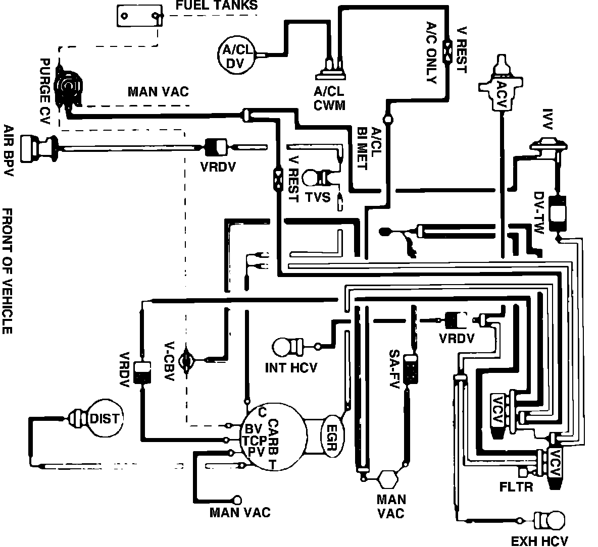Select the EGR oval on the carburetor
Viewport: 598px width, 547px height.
(x=332, y=437)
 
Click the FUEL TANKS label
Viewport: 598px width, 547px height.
(x=217, y=6)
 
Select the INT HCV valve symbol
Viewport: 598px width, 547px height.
(x=286, y=348)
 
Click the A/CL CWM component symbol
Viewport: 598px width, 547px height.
(x=331, y=71)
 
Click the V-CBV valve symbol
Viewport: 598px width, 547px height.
(x=187, y=360)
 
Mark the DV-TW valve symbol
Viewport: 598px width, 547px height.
(x=558, y=211)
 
